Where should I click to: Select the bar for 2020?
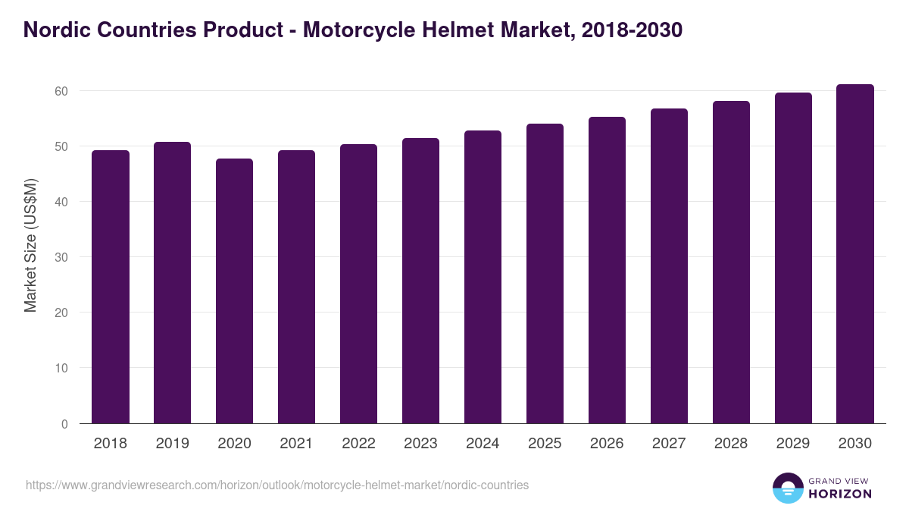tap(234, 291)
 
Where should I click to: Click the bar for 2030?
tap(855, 254)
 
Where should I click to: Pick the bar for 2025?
tap(545, 274)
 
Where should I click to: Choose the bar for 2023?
tap(420, 281)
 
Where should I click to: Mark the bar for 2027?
tap(669, 266)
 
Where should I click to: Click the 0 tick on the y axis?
tap(64, 424)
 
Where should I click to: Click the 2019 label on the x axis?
tap(172, 444)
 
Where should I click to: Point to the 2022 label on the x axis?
tap(358, 444)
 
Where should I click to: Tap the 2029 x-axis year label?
tap(793, 444)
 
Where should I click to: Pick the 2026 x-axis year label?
tap(607, 444)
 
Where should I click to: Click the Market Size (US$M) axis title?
tap(30, 244)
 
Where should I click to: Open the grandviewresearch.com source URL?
tap(277, 485)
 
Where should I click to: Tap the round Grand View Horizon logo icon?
tap(787, 488)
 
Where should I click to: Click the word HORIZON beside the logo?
tap(839, 494)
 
